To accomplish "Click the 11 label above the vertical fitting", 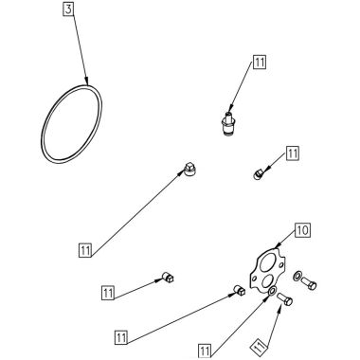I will pyautogui.click(x=260, y=63).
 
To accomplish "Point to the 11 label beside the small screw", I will pyautogui.click(x=292, y=153).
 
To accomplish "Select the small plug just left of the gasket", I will pyautogui.click(x=241, y=292).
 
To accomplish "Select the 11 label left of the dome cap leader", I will pyautogui.click(x=86, y=251).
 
